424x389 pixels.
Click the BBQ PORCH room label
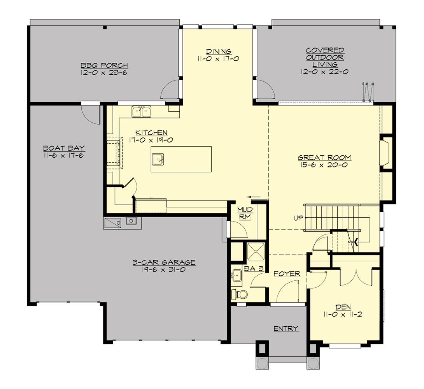tap(104, 65)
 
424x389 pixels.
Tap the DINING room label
tap(219, 51)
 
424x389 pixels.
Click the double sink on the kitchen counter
tap(142, 112)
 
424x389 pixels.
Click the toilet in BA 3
tap(239, 294)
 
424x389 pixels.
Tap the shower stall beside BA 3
tap(256, 252)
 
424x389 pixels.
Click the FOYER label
tap(287, 274)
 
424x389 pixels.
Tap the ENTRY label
tap(286, 329)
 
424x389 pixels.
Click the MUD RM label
tap(245, 214)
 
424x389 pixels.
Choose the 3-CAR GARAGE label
tap(164, 262)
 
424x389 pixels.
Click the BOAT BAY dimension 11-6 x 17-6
tap(64, 155)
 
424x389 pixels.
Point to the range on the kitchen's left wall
tap(115, 152)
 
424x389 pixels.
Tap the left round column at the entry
tap(262, 363)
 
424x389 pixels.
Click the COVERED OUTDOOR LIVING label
tap(324, 57)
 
